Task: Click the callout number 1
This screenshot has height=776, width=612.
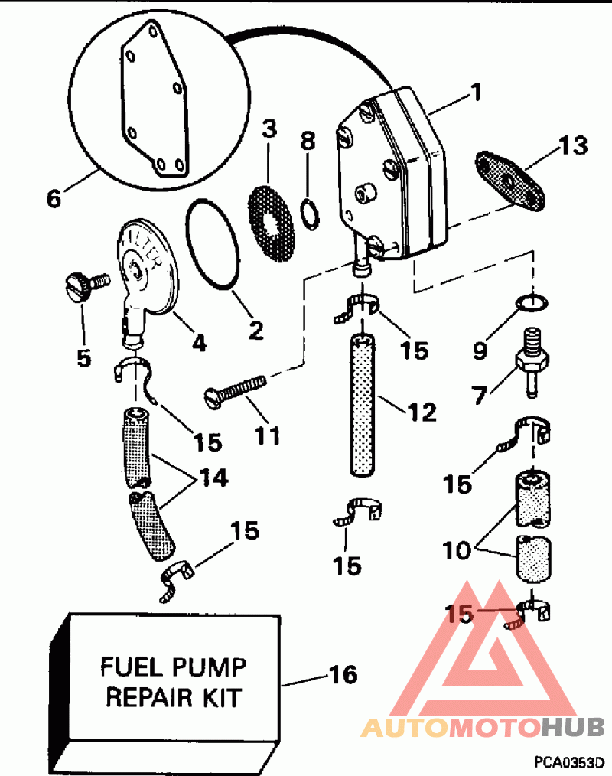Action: click(x=476, y=92)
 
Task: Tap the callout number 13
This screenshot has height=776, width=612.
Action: click(x=573, y=145)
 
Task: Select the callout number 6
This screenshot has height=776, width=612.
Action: click(x=54, y=198)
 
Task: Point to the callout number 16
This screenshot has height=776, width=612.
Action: click(x=343, y=674)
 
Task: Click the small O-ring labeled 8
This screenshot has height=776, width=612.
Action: click(x=310, y=214)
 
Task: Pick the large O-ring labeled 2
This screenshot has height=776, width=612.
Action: click(x=213, y=243)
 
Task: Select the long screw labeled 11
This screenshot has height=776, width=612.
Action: click(x=235, y=392)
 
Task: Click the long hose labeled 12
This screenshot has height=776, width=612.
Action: click(x=363, y=405)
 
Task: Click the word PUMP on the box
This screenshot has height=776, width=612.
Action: click(x=207, y=667)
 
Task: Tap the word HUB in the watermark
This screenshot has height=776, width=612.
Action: click(x=573, y=727)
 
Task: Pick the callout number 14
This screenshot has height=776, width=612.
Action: click(x=213, y=478)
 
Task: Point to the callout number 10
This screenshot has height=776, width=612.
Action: click(x=457, y=549)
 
